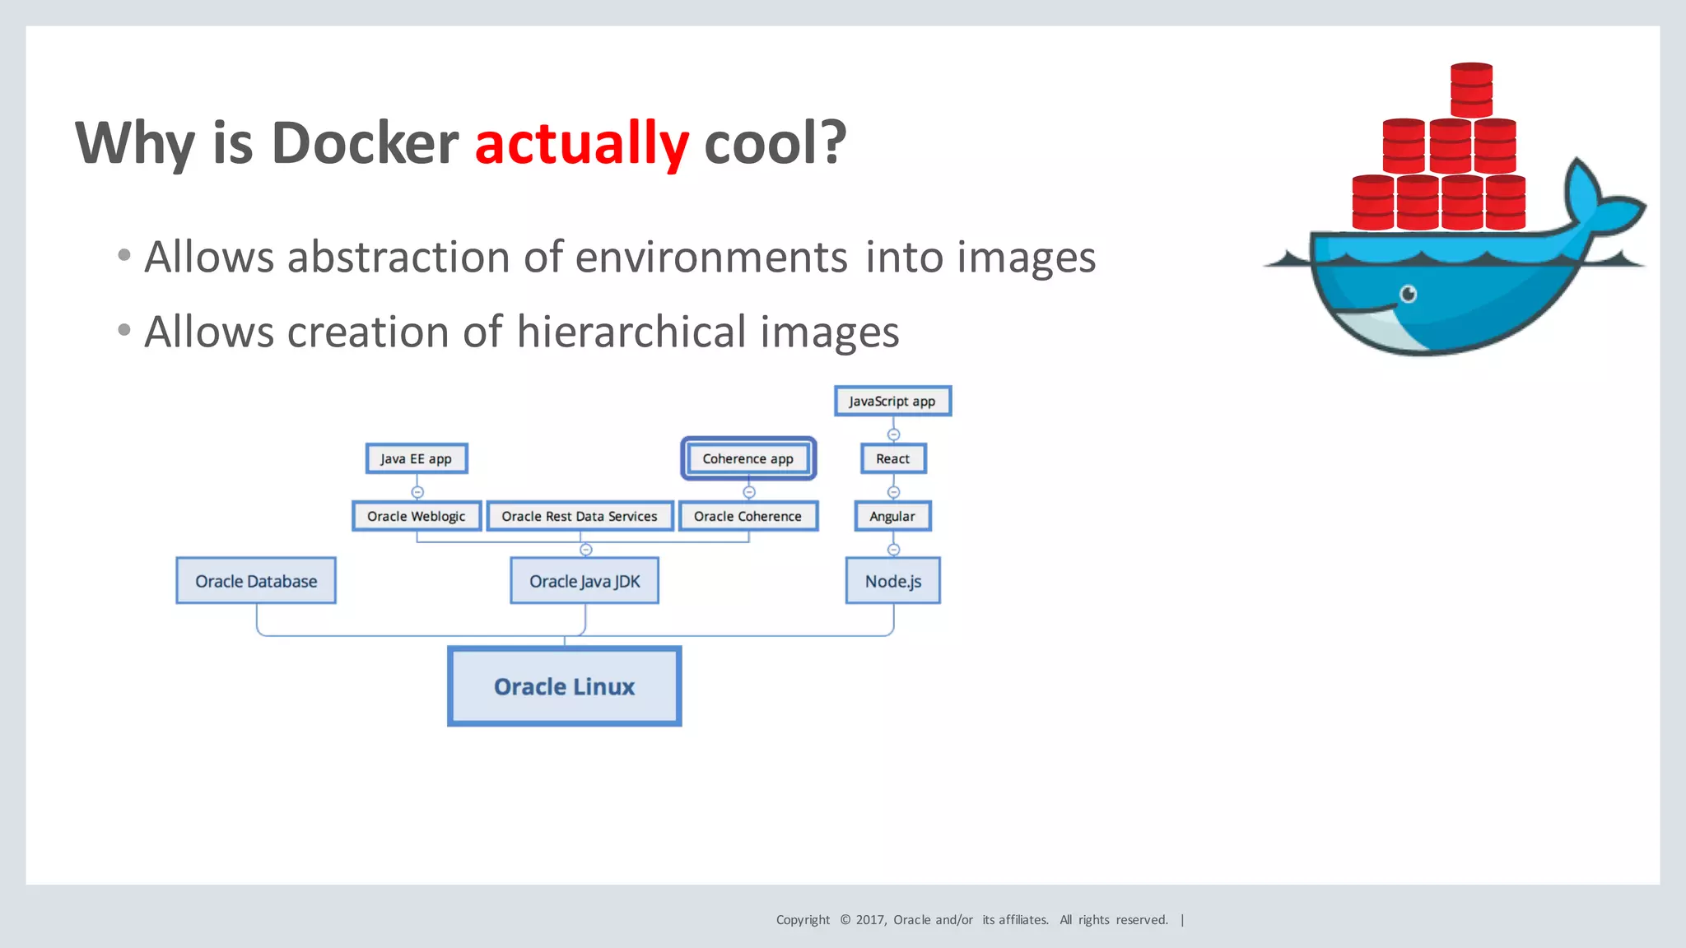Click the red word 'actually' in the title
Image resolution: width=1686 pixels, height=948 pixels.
[581, 143]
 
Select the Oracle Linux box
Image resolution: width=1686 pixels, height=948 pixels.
[564, 686]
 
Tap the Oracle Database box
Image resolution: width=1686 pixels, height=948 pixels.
[256, 581]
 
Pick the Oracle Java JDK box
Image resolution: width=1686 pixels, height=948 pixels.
[585, 581]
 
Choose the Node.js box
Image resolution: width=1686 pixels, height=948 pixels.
[892, 581]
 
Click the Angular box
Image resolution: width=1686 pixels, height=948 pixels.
[892, 516]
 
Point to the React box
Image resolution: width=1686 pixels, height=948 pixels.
[893, 458]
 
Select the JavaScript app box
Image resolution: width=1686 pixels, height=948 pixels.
[892, 401]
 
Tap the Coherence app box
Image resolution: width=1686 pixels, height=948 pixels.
[748, 458]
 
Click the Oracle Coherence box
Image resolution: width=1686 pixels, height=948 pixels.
[748, 516]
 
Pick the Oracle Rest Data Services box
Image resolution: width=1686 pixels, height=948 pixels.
[580, 516]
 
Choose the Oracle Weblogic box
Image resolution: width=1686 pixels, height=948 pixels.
[417, 516]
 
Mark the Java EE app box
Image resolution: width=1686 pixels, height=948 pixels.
[417, 458]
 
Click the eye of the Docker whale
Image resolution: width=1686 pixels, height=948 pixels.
[1409, 294]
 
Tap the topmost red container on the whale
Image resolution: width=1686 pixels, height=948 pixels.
[1471, 90]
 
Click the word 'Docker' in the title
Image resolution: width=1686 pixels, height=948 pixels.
[365, 143]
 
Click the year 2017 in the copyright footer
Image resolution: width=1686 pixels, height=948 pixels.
[870, 920]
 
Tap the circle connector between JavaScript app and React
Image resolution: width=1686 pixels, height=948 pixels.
[893, 434]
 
